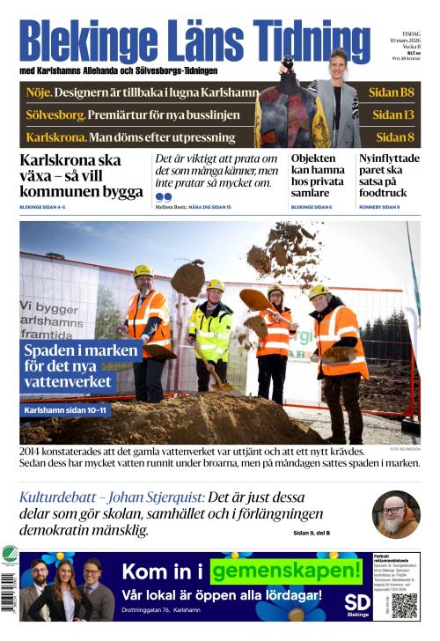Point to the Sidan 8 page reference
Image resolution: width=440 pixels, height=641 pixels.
coord(394,137)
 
